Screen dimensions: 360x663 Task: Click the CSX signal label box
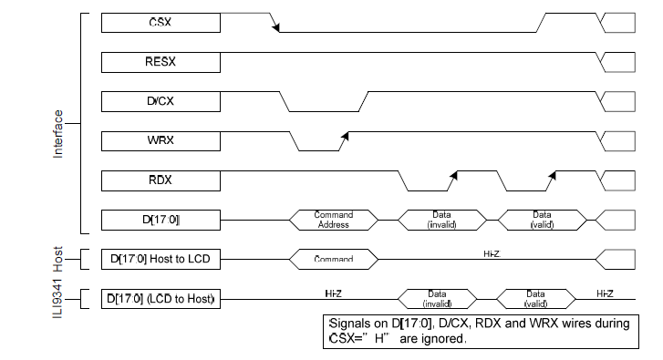coord(159,22)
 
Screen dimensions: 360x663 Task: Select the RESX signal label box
coord(159,61)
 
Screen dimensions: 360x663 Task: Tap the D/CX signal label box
coord(159,100)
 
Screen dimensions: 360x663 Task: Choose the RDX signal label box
coord(159,179)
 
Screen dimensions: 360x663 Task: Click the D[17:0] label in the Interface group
coord(159,219)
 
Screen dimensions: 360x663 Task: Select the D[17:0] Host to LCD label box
coord(159,259)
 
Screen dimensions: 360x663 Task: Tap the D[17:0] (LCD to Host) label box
coord(159,298)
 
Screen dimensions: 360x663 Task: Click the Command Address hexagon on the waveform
coord(333,220)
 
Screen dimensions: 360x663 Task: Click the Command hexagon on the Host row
coord(333,259)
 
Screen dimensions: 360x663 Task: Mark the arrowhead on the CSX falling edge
coord(275,26)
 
